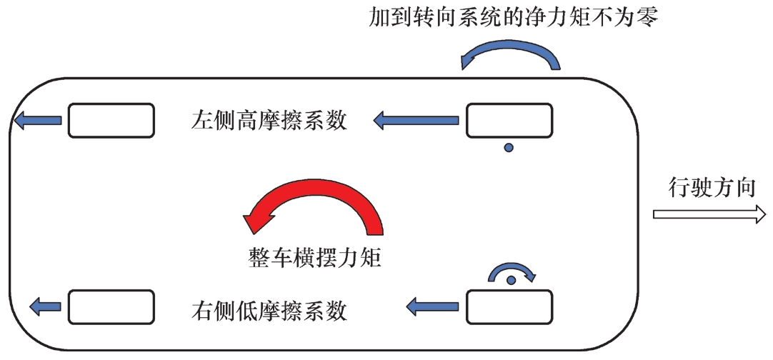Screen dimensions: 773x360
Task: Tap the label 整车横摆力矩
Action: point(314,258)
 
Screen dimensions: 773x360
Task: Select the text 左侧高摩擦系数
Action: point(269,120)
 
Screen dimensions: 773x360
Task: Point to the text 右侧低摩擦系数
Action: point(269,311)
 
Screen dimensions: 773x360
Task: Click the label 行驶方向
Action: point(712,188)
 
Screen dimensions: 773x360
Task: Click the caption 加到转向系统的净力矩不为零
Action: point(513,18)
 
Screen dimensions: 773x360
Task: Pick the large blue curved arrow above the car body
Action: point(511,54)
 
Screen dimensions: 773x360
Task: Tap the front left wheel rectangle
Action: point(509,120)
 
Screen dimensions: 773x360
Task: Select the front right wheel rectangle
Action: point(509,306)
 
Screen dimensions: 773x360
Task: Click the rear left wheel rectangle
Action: point(111,120)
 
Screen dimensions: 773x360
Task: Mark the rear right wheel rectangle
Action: point(111,306)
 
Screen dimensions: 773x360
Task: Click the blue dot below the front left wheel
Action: point(509,147)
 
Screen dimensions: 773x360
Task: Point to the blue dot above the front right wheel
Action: point(512,280)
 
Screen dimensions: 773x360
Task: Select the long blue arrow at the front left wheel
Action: point(416,120)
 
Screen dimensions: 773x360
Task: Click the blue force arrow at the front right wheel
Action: point(432,306)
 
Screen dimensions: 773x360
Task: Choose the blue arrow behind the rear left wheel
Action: point(37,120)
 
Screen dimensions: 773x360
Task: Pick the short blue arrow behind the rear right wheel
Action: point(45,306)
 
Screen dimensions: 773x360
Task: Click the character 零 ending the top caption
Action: point(647,18)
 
